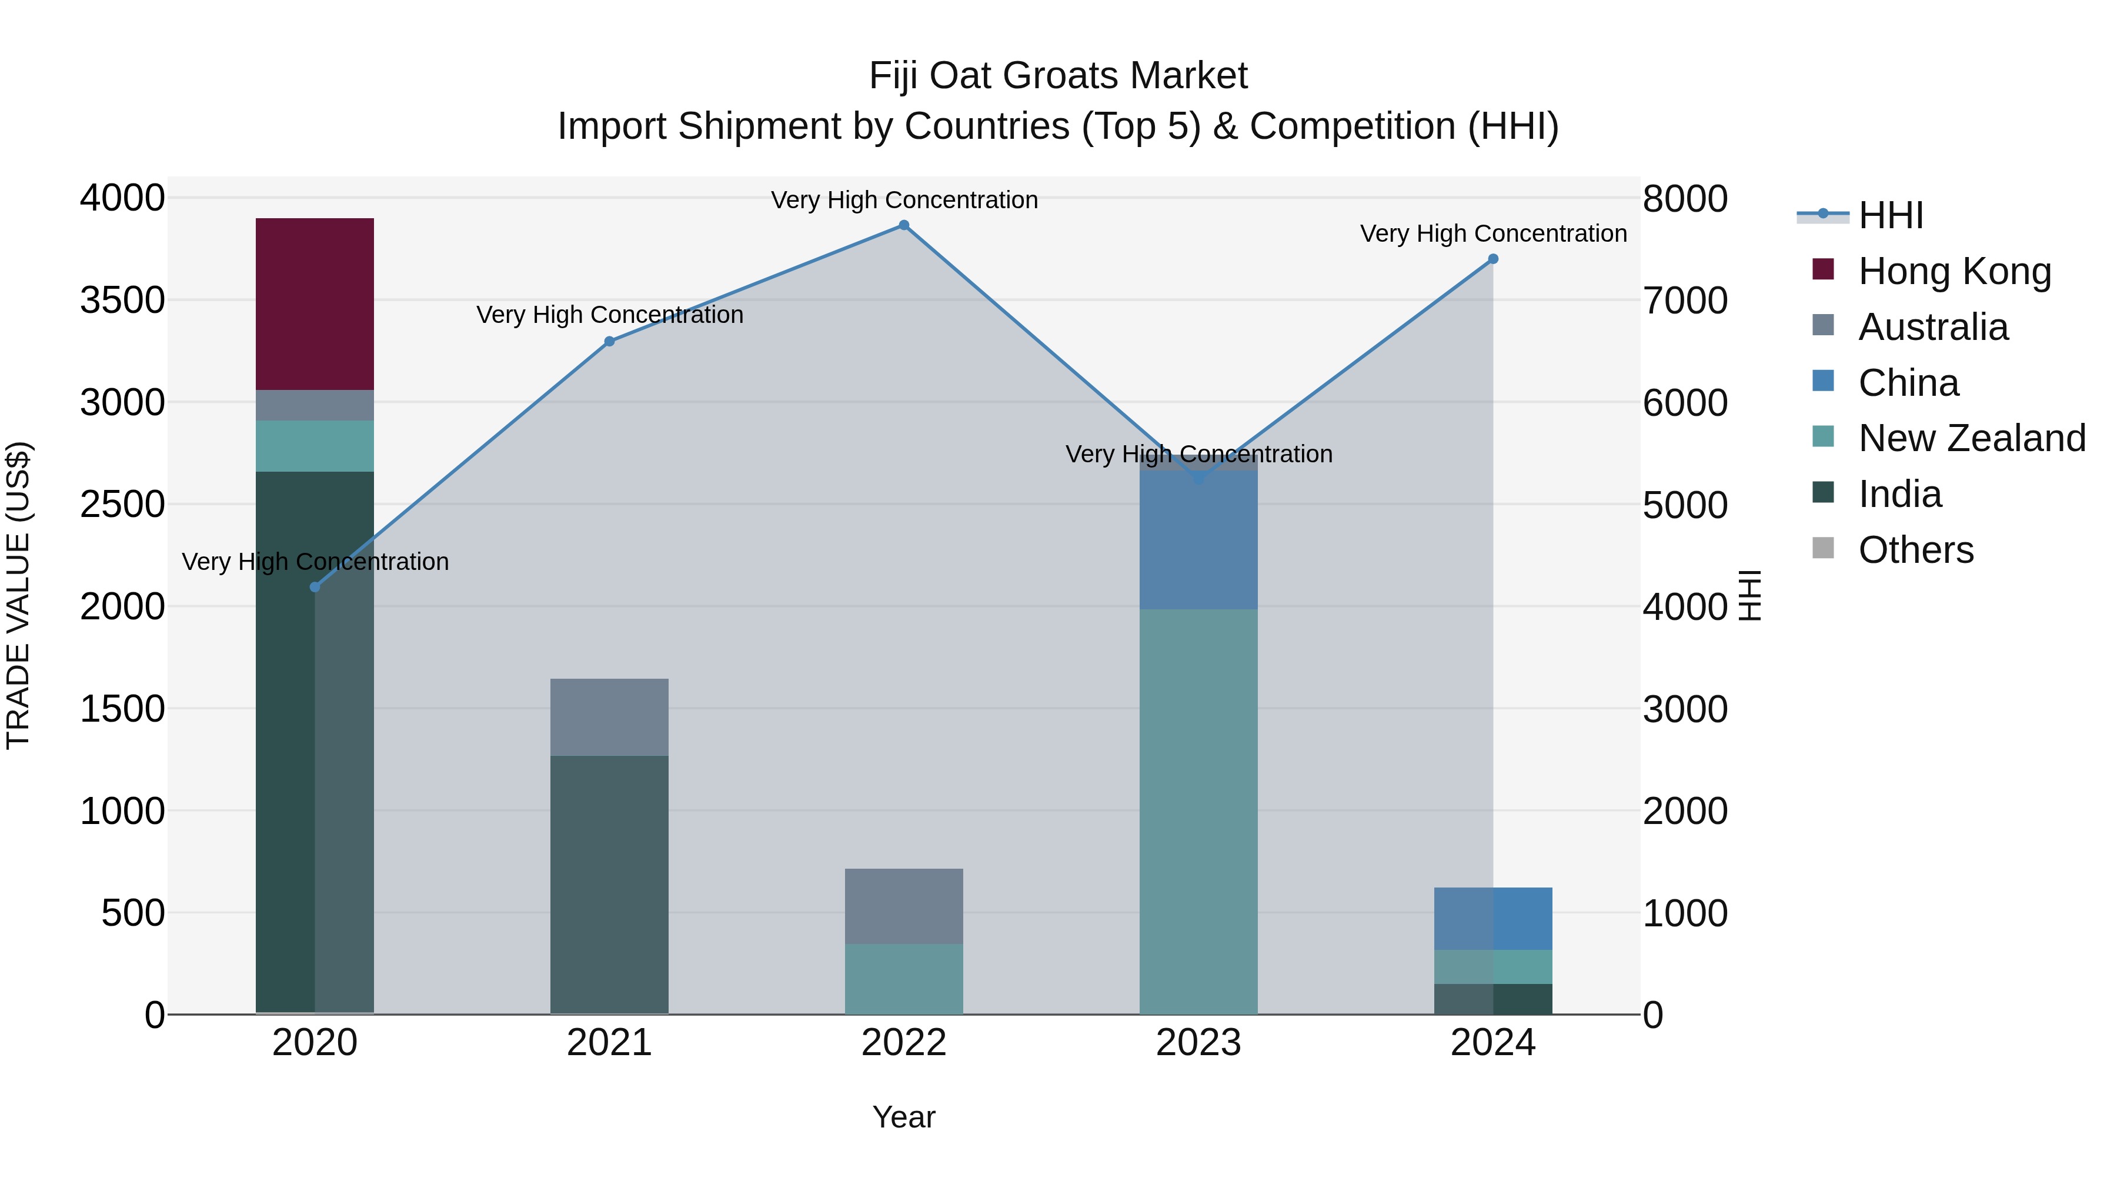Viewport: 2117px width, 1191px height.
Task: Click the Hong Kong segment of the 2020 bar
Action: click(x=315, y=304)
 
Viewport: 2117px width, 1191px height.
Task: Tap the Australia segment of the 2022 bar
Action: click(x=904, y=906)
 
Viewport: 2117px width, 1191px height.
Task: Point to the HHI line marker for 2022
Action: click(x=904, y=225)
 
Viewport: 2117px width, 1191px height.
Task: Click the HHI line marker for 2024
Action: click(x=1493, y=259)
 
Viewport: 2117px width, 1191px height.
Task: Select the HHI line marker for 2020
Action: click(x=315, y=587)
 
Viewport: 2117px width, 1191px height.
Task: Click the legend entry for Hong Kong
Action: click(x=1954, y=271)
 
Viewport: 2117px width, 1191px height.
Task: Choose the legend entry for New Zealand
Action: click(x=1971, y=438)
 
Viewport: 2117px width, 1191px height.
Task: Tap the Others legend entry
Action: click(x=1915, y=550)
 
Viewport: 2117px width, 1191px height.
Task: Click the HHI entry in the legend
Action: click(x=1890, y=215)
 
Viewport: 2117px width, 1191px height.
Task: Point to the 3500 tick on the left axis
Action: click(x=122, y=300)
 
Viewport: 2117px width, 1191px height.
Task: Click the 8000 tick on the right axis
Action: click(x=1685, y=199)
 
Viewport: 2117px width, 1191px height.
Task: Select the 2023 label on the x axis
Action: click(x=1198, y=1043)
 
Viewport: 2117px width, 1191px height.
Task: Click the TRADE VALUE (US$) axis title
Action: click(x=18, y=595)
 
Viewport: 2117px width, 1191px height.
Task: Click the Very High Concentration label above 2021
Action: click(x=609, y=315)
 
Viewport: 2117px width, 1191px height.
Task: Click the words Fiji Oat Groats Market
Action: click(x=1058, y=76)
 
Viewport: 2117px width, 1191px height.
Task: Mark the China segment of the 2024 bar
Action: click(x=1493, y=918)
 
